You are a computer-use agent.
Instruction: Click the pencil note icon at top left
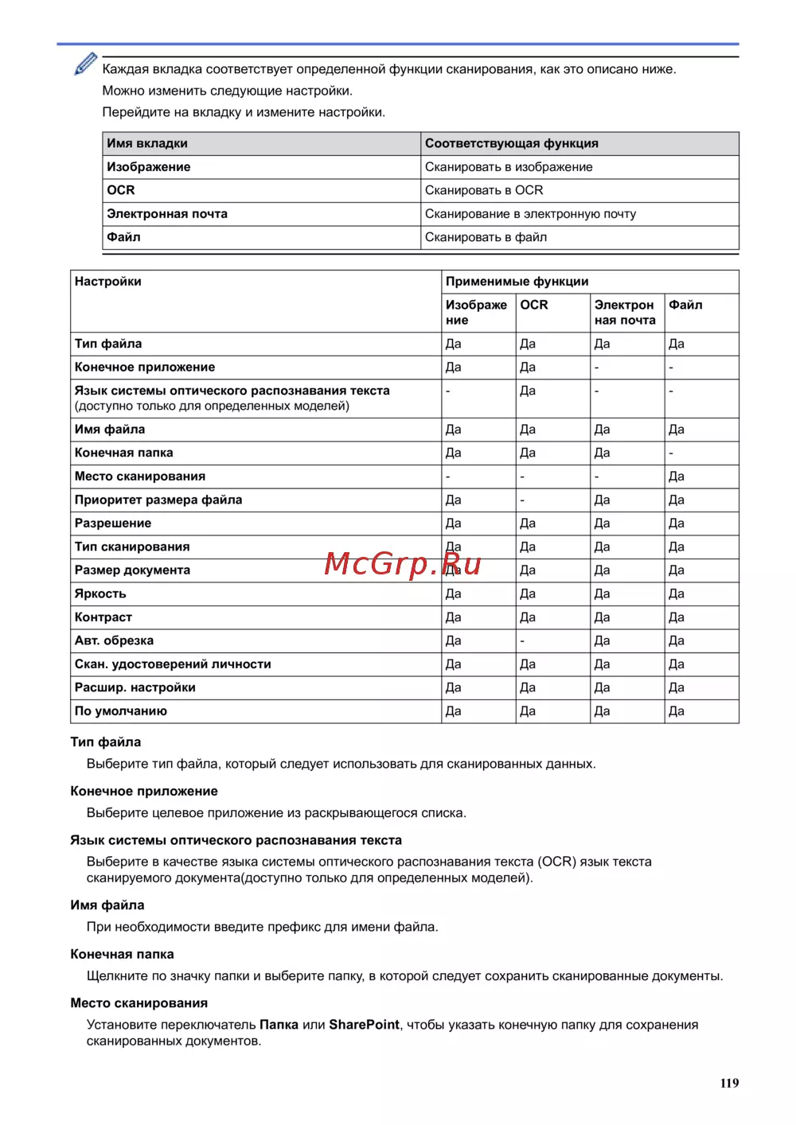(85, 64)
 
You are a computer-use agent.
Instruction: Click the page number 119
(729, 1083)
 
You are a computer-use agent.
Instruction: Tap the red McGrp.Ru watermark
(403, 564)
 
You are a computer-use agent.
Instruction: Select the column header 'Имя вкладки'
(147, 143)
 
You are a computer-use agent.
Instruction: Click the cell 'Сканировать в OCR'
(484, 190)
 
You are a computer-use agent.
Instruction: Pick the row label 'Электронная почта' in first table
(167, 213)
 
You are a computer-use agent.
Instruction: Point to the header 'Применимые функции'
(517, 282)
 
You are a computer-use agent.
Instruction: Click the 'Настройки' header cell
(108, 282)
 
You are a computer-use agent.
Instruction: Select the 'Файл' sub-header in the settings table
(685, 305)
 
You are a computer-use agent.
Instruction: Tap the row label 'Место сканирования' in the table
(140, 476)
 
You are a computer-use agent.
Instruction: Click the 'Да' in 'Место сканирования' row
(677, 477)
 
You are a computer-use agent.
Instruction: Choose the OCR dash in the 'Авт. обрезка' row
(522, 640)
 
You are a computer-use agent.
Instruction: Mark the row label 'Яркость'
(100, 594)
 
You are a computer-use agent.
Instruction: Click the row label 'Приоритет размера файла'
(158, 500)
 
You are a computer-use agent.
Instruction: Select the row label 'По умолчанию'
(121, 710)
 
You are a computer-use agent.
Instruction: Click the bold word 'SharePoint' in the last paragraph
(364, 1025)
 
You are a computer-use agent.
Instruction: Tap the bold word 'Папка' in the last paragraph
(279, 1025)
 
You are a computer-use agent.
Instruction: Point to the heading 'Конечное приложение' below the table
(144, 791)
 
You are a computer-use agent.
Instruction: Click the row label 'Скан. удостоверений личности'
(173, 664)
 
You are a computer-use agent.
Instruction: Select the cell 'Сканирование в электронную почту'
(530, 213)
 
